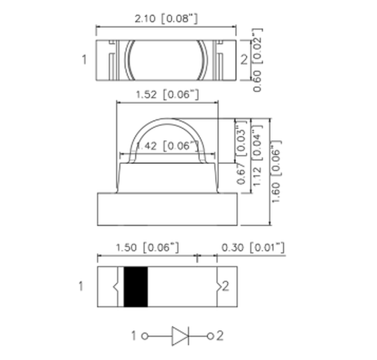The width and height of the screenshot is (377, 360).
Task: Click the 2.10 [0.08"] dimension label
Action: pos(166,19)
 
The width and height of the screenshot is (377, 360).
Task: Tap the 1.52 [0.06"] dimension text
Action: pos(167,94)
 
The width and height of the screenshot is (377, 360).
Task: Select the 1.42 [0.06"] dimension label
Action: pos(167,146)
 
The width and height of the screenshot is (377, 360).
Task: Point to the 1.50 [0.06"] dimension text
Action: pos(147,247)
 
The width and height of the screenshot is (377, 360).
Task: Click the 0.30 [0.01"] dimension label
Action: pos(253,247)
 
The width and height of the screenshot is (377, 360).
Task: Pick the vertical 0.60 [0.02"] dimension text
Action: pos(257,60)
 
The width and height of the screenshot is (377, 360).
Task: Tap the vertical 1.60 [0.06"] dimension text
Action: pos(276,171)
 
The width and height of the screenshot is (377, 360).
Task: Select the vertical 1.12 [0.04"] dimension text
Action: pos(257,155)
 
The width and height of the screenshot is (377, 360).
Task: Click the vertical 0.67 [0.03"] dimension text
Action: pos(241,152)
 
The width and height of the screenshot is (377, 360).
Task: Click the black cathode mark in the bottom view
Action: pos(136,287)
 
